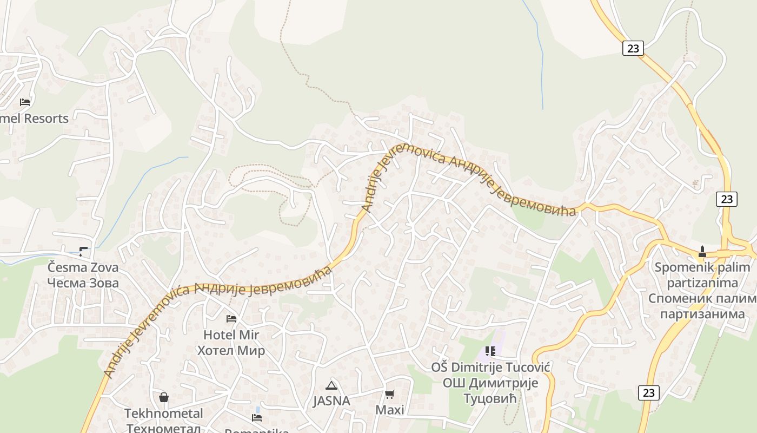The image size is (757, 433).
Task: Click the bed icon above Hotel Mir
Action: [x=231, y=319]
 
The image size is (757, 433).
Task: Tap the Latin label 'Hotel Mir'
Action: [x=231, y=335]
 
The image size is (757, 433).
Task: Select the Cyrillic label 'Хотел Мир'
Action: [x=231, y=351]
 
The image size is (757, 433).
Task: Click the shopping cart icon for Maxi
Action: [x=390, y=394]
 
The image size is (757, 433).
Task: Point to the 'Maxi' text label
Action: [x=390, y=410]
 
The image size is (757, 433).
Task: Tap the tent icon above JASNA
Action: [x=331, y=385]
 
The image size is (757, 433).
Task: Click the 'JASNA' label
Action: [x=331, y=401]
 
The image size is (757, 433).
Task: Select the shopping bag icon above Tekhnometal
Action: [x=164, y=397]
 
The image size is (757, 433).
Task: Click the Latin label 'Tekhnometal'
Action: [x=164, y=414]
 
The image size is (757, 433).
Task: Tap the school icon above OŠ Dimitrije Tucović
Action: [x=490, y=351]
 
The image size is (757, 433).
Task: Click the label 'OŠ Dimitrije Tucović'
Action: [x=490, y=368]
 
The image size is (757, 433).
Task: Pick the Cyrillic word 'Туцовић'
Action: [x=490, y=399]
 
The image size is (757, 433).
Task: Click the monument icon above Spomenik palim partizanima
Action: [x=702, y=251]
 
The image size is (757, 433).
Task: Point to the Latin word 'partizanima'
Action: [x=702, y=283]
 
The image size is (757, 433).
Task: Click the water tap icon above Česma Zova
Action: [x=83, y=251]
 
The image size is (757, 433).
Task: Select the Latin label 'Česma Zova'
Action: [x=83, y=267]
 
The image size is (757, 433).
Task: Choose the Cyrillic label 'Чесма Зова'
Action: [x=83, y=283]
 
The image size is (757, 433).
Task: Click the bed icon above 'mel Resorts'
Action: [x=25, y=102]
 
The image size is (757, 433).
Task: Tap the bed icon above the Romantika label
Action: [x=257, y=418]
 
